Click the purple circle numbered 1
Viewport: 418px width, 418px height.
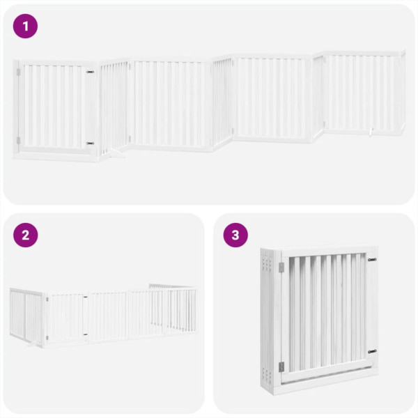tap(26, 26)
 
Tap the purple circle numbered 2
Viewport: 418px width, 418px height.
tap(26, 235)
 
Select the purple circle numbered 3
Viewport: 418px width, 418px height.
tap(235, 235)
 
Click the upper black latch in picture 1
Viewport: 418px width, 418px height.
tap(90, 71)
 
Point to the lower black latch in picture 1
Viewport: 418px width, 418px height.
tap(90, 143)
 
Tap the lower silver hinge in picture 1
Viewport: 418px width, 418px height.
tap(19, 140)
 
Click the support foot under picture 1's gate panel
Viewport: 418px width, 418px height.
tap(115, 155)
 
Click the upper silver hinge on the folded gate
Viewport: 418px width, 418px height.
tap(281, 268)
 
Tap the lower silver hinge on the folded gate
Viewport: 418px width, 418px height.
tap(281, 366)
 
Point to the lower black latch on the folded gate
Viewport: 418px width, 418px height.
tap(372, 351)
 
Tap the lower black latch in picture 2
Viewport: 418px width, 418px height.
tap(85, 334)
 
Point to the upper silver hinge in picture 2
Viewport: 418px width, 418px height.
tap(47, 300)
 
